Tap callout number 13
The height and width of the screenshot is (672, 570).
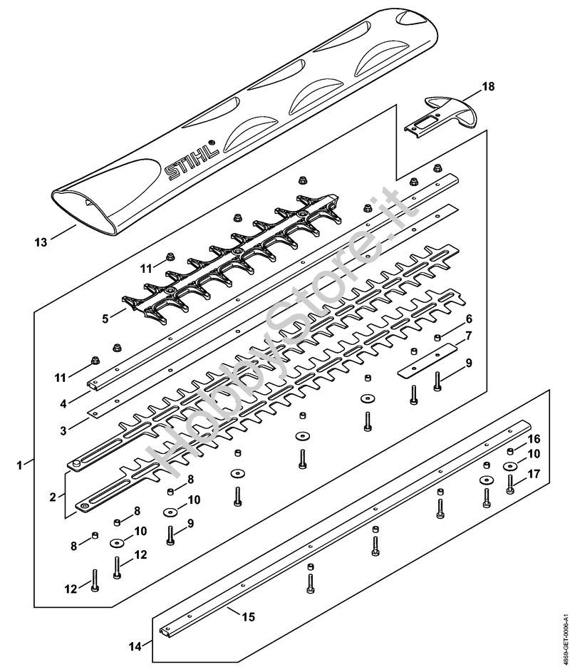41,242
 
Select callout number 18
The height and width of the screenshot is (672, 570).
488,86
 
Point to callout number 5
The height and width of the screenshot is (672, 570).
105,319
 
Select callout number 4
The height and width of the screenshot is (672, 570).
63,403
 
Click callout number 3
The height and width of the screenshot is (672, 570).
63,430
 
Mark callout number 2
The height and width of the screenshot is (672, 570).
53,497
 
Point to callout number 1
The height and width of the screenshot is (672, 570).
19,465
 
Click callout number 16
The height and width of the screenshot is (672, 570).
534,439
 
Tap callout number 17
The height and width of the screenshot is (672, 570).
534,474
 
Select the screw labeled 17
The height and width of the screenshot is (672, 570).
510,485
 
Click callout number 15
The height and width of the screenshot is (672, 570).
249,617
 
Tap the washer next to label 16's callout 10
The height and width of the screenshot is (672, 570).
510,466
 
